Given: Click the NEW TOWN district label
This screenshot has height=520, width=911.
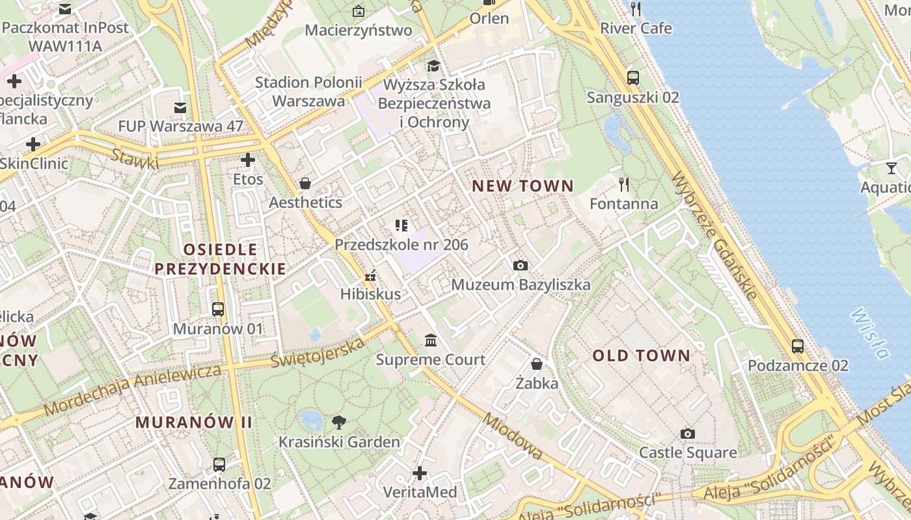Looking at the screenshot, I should pyautogui.click(x=523, y=186).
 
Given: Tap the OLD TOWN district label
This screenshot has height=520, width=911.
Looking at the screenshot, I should pyautogui.click(x=641, y=356).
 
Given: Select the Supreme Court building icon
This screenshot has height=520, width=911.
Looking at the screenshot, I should pyautogui.click(x=431, y=341).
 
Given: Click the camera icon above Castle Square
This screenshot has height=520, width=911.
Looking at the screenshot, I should pyautogui.click(x=688, y=434).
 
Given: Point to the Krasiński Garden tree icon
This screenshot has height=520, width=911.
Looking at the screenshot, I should pyautogui.click(x=338, y=422).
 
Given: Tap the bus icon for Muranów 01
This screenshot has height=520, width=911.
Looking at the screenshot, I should pyautogui.click(x=218, y=309).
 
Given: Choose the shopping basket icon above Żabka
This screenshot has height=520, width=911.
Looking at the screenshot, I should pyautogui.click(x=537, y=364).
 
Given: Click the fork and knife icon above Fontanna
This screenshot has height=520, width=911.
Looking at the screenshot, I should pyautogui.click(x=624, y=185).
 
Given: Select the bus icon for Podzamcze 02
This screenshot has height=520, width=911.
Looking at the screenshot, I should pyautogui.click(x=798, y=346).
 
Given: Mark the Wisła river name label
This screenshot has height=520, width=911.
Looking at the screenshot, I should pyautogui.click(x=869, y=333).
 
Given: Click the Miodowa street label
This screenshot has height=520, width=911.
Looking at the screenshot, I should pyautogui.click(x=512, y=435).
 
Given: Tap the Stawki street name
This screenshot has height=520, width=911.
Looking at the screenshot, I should pyautogui.click(x=134, y=159).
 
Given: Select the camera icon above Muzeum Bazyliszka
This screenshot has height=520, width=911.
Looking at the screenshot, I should pyautogui.click(x=520, y=265).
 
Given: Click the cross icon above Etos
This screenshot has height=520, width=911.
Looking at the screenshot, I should pyautogui.click(x=248, y=160).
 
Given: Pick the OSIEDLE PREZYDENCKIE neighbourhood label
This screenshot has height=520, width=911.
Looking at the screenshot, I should pyautogui.click(x=220, y=259).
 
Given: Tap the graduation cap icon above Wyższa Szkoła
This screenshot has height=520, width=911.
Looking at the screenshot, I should pyautogui.click(x=433, y=66).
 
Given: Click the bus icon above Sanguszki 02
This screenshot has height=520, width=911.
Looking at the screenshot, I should pyautogui.click(x=632, y=78).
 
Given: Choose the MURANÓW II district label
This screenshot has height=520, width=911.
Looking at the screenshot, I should pyautogui.click(x=193, y=422).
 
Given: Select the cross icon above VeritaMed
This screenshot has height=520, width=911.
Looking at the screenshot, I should pyautogui.click(x=420, y=473).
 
